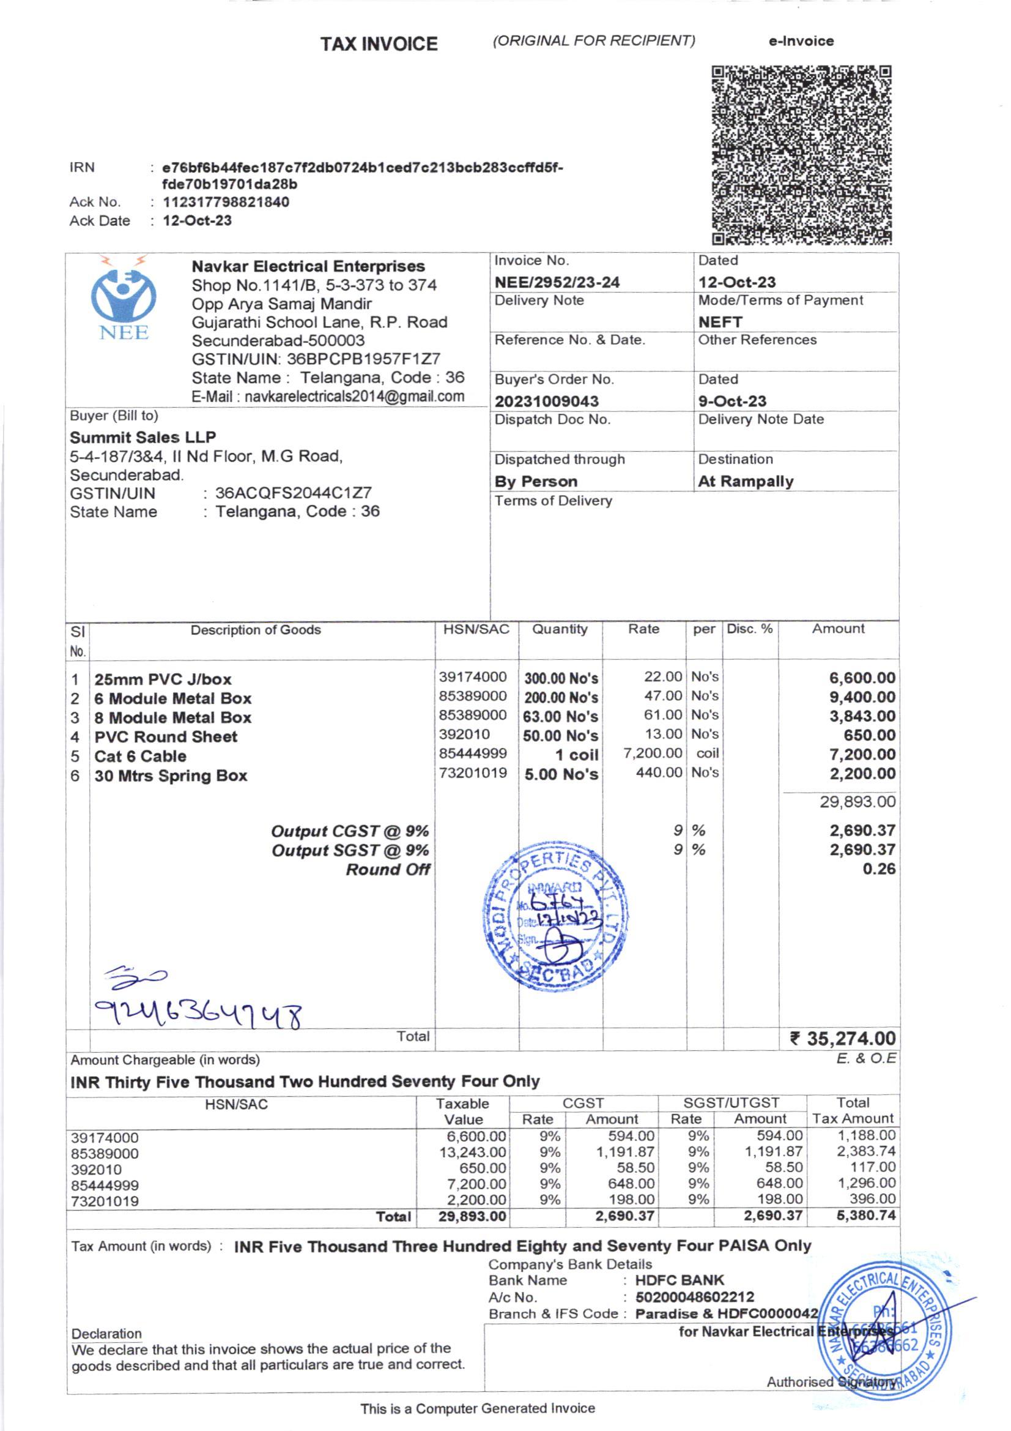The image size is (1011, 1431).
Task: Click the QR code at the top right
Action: tap(801, 155)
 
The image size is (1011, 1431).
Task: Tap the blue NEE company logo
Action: tap(124, 301)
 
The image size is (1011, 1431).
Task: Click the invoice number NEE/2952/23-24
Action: tap(557, 282)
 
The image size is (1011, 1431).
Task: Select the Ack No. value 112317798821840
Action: tap(226, 202)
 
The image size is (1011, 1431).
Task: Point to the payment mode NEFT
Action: tap(720, 322)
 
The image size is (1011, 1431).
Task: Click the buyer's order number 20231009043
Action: tap(546, 402)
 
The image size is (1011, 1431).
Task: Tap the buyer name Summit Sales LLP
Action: tap(143, 437)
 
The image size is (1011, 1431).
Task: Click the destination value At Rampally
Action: tap(746, 481)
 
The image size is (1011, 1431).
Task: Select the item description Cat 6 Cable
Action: tap(140, 756)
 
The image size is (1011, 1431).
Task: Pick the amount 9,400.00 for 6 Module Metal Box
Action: tap(862, 697)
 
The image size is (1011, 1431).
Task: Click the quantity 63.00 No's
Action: tap(560, 717)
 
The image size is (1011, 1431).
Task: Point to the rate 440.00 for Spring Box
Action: tap(659, 773)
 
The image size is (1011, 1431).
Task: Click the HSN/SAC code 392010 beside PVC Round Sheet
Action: tap(464, 734)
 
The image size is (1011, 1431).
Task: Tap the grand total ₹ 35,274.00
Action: tap(842, 1038)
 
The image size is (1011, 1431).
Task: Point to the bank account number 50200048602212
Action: tap(695, 1297)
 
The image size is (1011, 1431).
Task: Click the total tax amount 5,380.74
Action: tap(865, 1216)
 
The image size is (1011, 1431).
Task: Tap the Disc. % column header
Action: tap(749, 629)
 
